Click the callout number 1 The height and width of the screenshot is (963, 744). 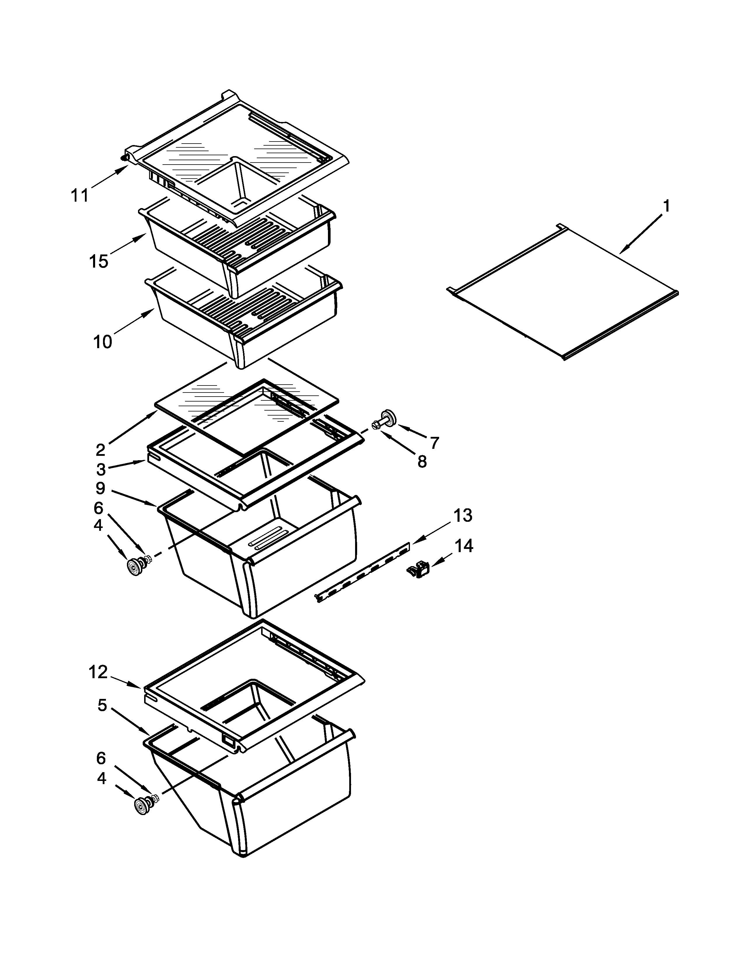666,206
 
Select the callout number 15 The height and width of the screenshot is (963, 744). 99,261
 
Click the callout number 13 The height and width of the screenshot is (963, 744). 463,515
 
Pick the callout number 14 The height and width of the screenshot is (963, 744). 464,546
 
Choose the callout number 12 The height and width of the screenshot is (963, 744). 98,672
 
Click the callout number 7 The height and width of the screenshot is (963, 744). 435,442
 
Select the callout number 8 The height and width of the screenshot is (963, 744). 422,462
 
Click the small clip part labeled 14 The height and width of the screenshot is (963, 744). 418,571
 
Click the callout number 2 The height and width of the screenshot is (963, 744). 100,450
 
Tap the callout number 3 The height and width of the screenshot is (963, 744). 101,470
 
